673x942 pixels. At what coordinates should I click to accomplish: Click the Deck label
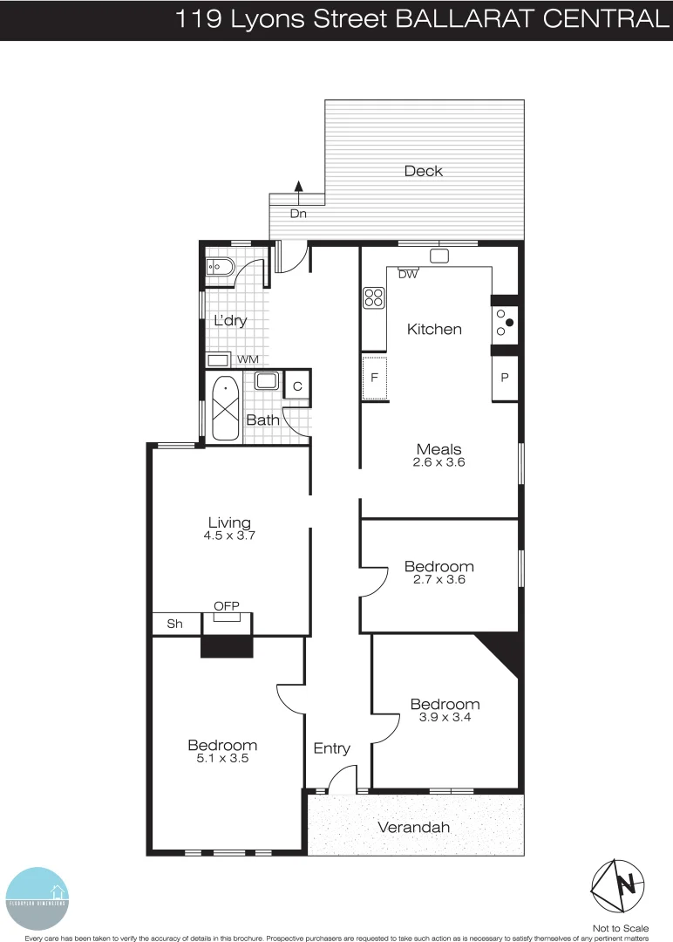(424, 171)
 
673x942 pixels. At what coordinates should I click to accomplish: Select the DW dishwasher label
(407, 274)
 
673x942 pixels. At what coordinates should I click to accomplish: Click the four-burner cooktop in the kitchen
(373, 297)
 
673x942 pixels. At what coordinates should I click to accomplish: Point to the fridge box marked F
(374, 378)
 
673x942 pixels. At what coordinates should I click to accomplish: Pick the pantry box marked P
(506, 378)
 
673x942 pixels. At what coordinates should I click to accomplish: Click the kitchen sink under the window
(439, 256)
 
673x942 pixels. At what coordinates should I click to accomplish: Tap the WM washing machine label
(248, 359)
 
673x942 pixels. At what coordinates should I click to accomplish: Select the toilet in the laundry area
(216, 267)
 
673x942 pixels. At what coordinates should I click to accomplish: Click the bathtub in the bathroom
(226, 406)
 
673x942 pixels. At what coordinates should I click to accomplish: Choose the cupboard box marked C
(297, 386)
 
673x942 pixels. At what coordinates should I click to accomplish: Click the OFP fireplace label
(227, 606)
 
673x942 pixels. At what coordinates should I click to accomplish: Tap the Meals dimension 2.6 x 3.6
(438, 463)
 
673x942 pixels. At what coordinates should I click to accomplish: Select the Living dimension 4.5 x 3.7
(229, 536)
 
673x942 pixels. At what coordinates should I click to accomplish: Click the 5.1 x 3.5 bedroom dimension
(222, 759)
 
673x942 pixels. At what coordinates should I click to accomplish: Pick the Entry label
(331, 748)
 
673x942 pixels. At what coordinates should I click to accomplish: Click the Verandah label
(413, 827)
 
